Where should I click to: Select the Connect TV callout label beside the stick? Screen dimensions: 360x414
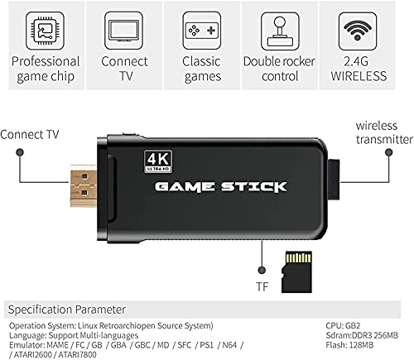(x=30, y=133)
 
